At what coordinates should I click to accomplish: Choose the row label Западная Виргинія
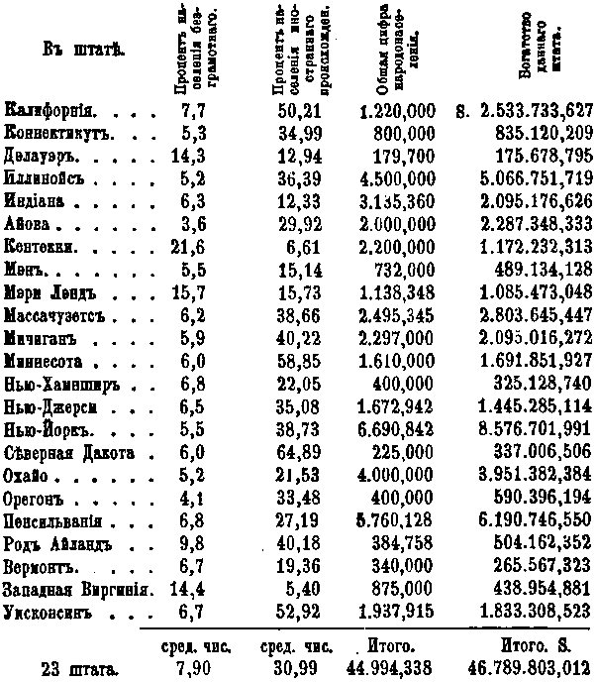pyautogui.click(x=76, y=587)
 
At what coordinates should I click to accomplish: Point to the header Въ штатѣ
pyautogui.click(x=76, y=49)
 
